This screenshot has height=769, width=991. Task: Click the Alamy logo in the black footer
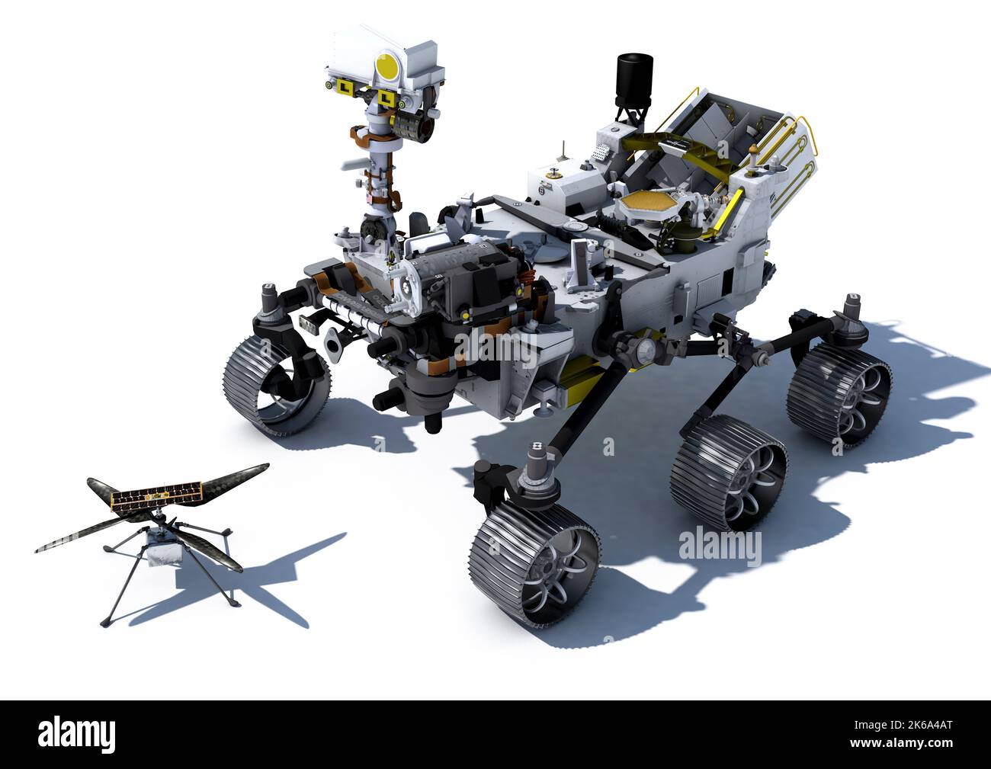[x=77, y=733]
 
